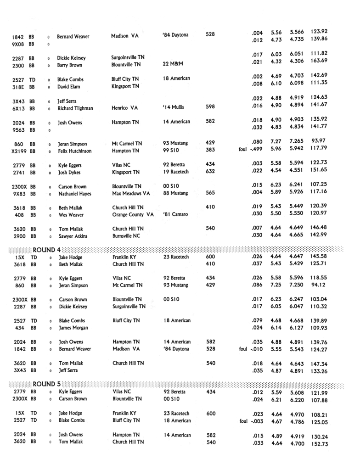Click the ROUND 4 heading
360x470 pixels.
pos(46,249)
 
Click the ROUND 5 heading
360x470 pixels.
pos(46,384)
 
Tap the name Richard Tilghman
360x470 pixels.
pos(75,108)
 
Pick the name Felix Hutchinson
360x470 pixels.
pos(74,151)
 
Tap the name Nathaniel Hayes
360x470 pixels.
pos(75,194)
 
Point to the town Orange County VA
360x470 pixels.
pos(133,215)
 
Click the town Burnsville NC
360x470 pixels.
pos(126,236)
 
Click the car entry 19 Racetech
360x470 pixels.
pos(177,172)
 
